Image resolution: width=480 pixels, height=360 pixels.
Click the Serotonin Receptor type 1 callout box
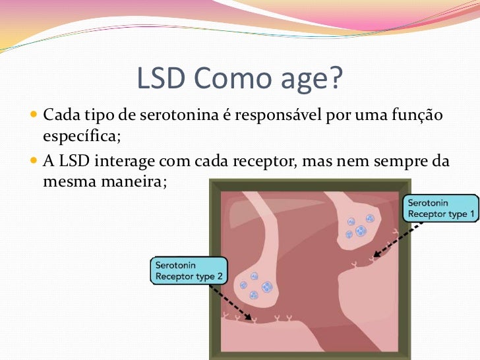(440, 208)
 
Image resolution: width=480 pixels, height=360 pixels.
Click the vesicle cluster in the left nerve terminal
(256, 283)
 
